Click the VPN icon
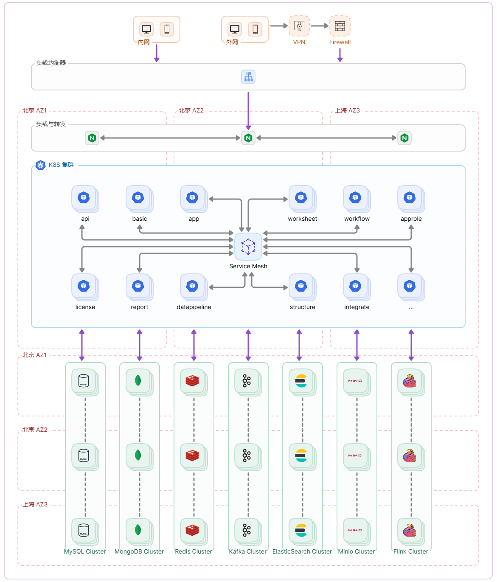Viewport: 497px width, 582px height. [x=299, y=26]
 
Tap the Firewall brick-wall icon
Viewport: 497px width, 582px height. [x=340, y=26]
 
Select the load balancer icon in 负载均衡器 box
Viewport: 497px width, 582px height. [x=248, y=77]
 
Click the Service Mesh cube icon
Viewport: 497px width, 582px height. [x=248, y=247]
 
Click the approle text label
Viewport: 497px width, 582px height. [x=411, y=219]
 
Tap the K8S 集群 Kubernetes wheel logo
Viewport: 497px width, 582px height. [x=41, y=165]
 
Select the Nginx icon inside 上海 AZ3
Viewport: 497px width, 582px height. [x=404, y=138]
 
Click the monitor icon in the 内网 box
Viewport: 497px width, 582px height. [x=146, y=29]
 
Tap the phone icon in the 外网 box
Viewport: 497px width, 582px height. [x=255, y=29]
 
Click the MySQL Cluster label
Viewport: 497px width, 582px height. [x=85, y=551]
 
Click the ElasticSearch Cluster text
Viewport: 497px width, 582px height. [x=302, y=551]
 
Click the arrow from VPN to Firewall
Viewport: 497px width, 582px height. [x=320, y=26]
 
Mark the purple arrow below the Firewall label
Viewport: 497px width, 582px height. [x=340, y=55]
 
